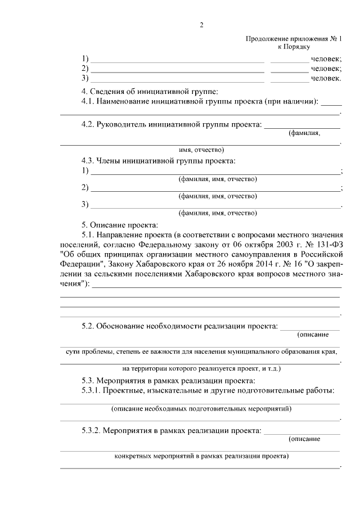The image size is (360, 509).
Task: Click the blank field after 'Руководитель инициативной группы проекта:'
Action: pos(302,124)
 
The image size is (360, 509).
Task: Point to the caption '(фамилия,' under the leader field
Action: pos(304,133)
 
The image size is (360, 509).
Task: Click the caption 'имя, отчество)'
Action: pos(201,150)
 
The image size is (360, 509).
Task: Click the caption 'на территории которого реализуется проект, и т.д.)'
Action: pos(201,369)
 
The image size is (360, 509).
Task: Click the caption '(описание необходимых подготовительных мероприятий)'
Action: pos(201,408)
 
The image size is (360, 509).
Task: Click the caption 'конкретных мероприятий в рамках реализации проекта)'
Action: pos(201,456)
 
